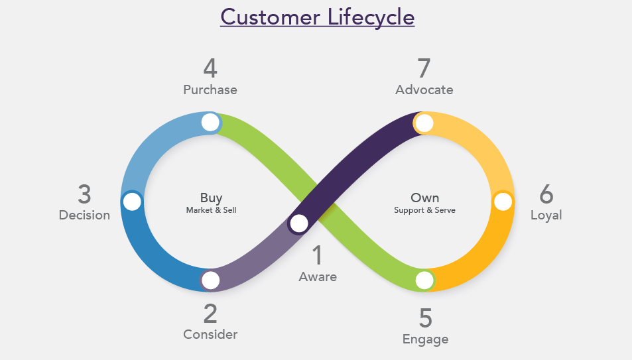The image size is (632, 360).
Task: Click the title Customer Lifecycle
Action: pos(317,16)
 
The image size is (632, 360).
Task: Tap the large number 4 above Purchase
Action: pos(210,68)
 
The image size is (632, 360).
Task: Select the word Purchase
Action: pos(210,90)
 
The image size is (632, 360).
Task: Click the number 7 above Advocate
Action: pos(424,68)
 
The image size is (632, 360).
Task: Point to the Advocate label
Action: pos(424,90)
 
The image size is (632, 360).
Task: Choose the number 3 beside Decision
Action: pos(84,194)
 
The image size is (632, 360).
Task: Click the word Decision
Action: pos(84,215)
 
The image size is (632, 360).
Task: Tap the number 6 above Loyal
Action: pos(546,194)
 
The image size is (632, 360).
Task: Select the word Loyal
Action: pos(546,215)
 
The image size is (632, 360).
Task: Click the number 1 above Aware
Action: pos(318,255)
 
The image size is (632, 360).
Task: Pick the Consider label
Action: pos(210,334)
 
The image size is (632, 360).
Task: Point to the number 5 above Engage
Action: pos(425,318)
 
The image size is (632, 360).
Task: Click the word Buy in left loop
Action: pos(211,198)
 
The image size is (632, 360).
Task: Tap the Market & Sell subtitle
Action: pos(211,210)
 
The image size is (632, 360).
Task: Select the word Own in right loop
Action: pos(424,198)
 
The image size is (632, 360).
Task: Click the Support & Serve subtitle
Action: pos(424,210)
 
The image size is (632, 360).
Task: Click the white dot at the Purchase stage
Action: pos(210,122)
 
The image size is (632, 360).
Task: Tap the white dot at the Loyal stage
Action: pos(503,201)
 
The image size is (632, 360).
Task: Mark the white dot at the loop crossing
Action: pos(299,223)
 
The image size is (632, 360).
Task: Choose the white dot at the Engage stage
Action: pos(424,280)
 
